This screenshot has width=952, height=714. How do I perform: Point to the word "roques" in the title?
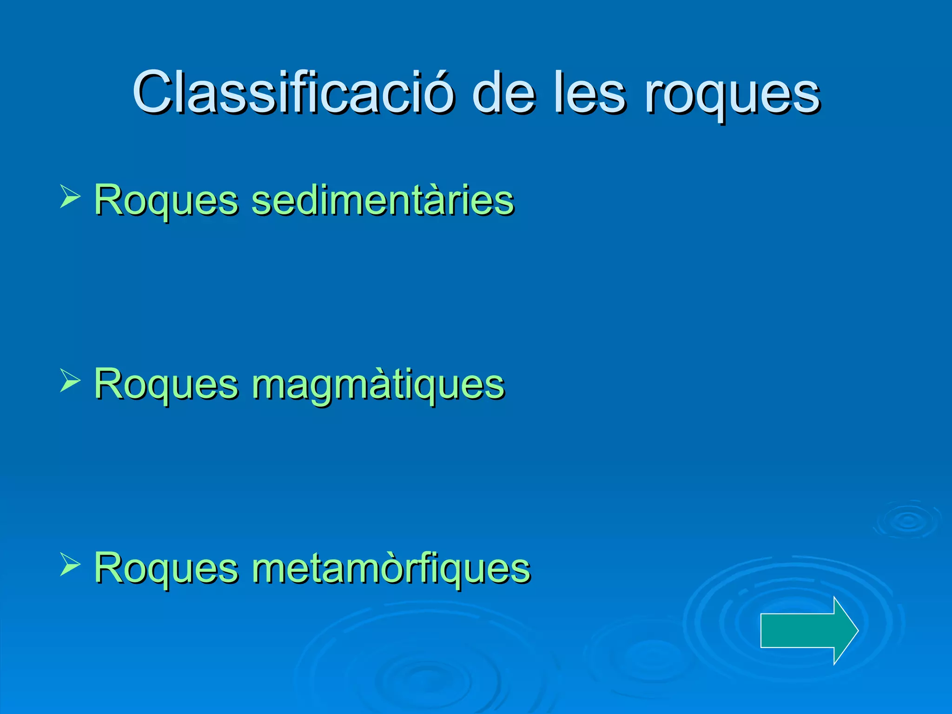point(732,95)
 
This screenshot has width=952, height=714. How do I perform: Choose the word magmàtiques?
point(378,385)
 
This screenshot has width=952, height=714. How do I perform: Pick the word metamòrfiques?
point(390,568)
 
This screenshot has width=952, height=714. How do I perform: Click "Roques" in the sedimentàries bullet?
point(166,201)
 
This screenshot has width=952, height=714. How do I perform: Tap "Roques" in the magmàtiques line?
point(166,385)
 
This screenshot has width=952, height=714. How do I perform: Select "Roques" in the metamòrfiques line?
point(166,568)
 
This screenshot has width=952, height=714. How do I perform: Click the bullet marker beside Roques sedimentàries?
point(70,196)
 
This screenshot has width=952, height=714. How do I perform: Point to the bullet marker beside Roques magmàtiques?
point(70,380)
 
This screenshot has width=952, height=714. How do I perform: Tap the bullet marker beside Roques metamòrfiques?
point(70,564)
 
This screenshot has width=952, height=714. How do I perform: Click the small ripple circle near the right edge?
point(907,520)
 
